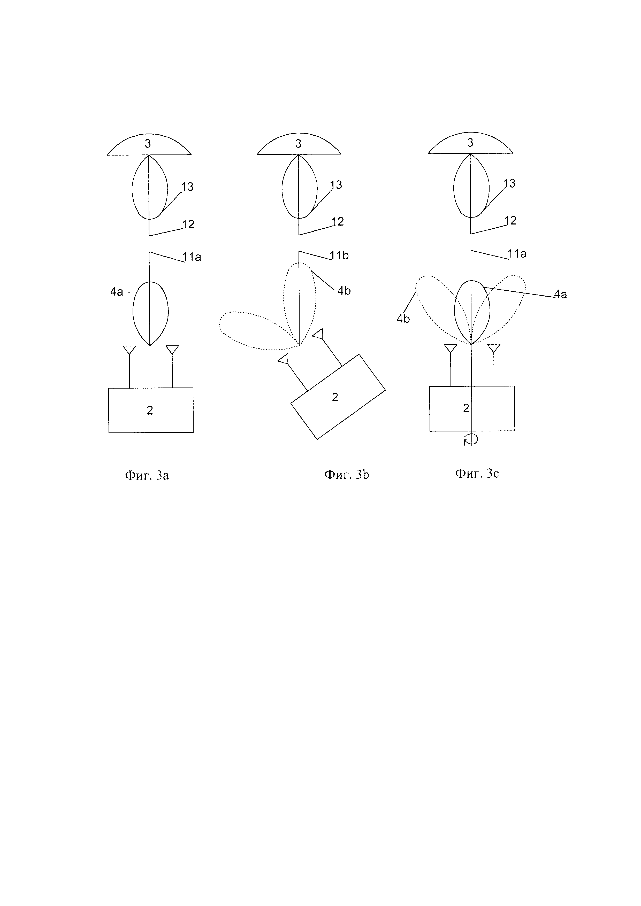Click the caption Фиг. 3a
[147, 476]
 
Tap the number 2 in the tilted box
[335, 397]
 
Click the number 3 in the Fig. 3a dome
[148, 144]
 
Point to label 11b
[339, 256]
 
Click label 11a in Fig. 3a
[192, 257]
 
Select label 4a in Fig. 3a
[117, 292]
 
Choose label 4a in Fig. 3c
[560, 294]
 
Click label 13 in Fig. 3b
[336, 185]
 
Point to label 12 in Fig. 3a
[188, 224]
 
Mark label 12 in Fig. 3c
[510, 221]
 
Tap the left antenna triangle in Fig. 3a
[129, 350]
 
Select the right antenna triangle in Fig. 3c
[494, 348]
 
